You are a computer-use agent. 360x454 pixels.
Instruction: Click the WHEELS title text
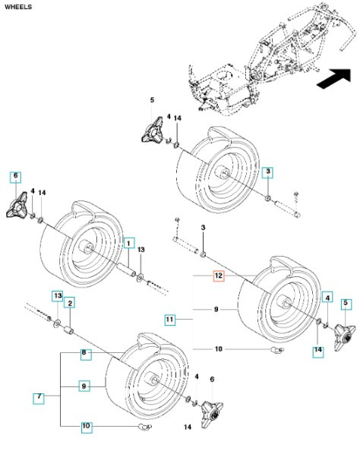(x=18, y=5)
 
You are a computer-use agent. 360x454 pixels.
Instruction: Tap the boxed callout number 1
(x=130, y=244)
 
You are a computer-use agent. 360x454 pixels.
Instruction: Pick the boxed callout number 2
(x=69, y=304)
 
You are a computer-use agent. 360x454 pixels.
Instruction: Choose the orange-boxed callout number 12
(x=219, y=278)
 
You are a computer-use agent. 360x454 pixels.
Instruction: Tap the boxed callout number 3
(x=268, y=173)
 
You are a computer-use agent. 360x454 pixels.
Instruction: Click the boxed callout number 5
(x=346, y=304)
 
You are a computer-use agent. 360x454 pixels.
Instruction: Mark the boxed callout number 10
(x=86, y=427)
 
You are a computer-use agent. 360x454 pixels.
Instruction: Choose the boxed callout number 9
(x=86, y=386)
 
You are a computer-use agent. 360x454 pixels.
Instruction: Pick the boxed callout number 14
(x=317, y=350)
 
